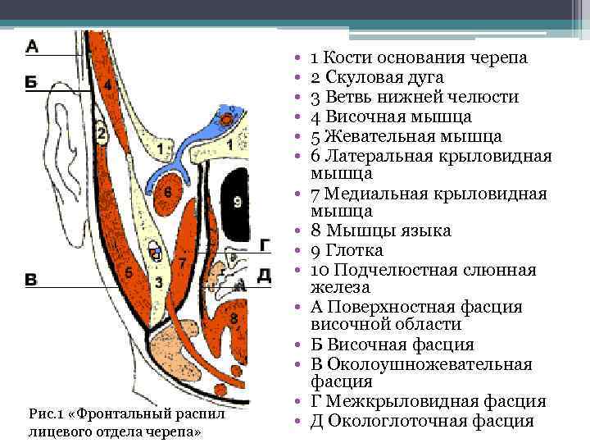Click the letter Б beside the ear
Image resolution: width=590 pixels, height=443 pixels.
pos(31,80)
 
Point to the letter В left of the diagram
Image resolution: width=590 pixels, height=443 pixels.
pos(31,280)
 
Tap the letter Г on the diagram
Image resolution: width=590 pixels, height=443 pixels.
pos(264,244)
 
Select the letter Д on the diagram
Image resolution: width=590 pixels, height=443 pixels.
pos(264,274)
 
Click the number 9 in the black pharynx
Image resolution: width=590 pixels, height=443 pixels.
pos(237,201)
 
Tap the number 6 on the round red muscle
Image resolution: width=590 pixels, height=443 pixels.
pos(167,191)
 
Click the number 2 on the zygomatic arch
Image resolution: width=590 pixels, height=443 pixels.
pos(102,134)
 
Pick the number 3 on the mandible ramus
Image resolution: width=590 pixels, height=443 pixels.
pos(159,281)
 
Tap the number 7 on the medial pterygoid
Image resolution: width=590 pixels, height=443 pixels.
pos(183,261)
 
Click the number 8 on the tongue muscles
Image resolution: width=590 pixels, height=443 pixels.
pos(234,317)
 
